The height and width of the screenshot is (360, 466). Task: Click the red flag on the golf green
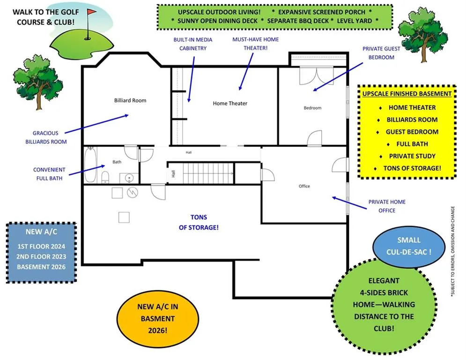click(91, 12)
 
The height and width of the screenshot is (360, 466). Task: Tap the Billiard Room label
click(130, 101)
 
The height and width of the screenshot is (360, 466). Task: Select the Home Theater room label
click(230, 104)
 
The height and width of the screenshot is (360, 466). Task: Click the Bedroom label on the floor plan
click(312, 108)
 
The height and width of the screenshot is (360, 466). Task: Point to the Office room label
click(304, 186)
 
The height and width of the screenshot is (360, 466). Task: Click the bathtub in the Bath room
click(90, 165)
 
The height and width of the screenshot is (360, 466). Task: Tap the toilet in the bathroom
click(105, 177)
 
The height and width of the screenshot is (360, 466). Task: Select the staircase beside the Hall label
click(208, 173)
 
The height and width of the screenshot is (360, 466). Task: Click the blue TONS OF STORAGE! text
click(199, 222)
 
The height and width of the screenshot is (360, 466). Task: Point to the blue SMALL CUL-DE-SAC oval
click(409, 246)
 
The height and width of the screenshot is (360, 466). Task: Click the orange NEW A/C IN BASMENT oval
click(157, 319)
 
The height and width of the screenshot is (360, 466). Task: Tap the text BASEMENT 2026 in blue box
click(41, 267)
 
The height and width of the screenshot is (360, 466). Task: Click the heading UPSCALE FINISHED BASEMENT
click(407, 94)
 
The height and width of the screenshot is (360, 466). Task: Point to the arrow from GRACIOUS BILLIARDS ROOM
click(96, 124)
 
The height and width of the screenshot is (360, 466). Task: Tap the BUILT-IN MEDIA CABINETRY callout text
click(193, 44)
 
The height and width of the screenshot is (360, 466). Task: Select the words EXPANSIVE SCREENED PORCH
click(322, 12)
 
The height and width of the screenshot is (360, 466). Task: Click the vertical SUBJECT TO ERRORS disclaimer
click(452, 251)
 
